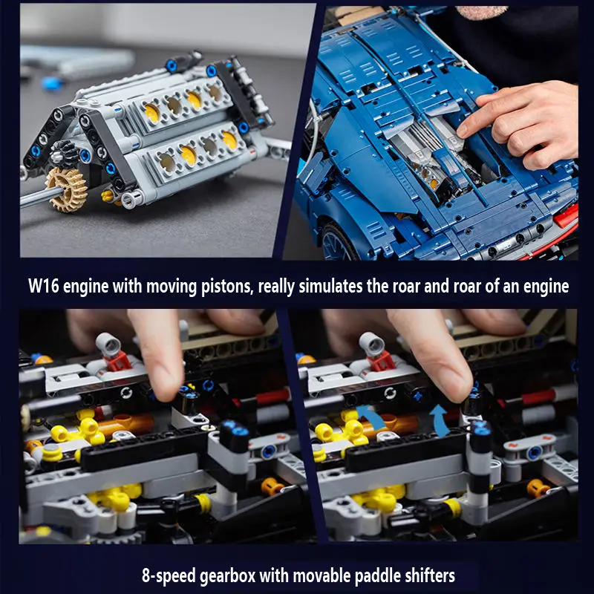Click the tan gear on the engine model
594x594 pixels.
[x=67, y=189]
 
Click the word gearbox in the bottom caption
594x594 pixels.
[x=227, y=576]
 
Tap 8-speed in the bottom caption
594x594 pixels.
[x=169, y=576]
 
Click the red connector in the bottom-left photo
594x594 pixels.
[x=118, y=361]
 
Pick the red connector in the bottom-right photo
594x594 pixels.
[x=382, y=361]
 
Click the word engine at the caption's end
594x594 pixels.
[x=546, y=287]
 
